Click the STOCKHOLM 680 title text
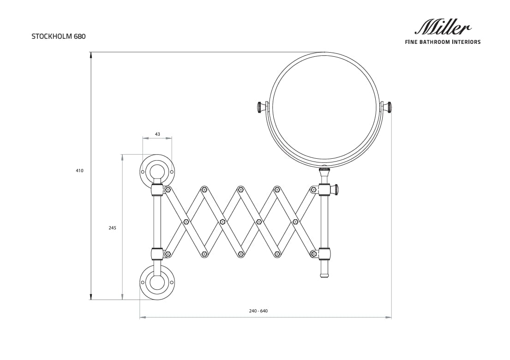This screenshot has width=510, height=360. (59, 36)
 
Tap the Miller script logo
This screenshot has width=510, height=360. (443, 27)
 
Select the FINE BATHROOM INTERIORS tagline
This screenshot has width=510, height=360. (443, 42)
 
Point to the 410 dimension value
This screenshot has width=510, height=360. (80, 170)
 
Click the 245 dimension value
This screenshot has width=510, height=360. (112, 228)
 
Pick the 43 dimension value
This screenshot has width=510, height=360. (157, 134)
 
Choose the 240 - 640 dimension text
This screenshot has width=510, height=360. (258, 311)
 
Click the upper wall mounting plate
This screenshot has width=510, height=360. (157, 171)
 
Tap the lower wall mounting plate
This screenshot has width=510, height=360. (157, 282)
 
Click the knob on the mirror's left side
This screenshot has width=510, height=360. (262, 108)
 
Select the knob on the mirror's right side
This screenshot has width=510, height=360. (387, 108)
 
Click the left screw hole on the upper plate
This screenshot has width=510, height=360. (143, 172)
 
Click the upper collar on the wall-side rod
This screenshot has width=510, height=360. (157, 190)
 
